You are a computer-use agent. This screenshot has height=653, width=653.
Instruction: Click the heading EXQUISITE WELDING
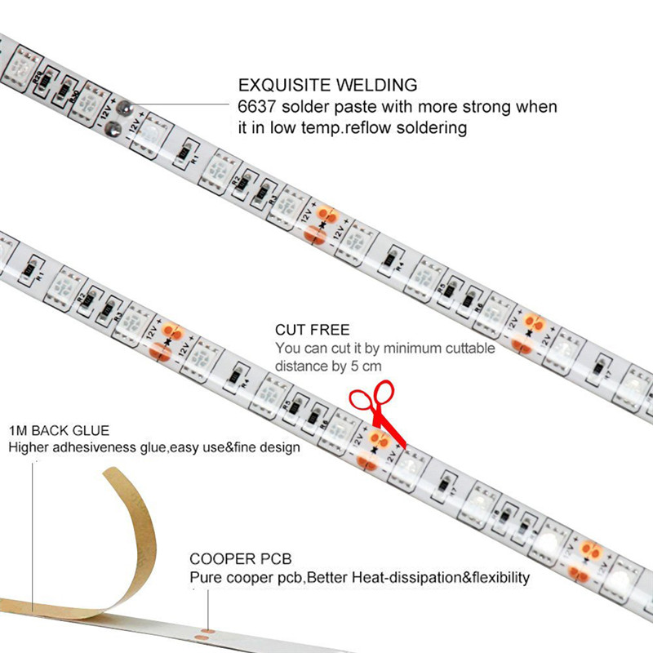tap(327, 85)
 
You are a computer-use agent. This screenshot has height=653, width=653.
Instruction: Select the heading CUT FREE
tap(313, 330)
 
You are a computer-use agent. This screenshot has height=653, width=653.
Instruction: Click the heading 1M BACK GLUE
tap(59, 430)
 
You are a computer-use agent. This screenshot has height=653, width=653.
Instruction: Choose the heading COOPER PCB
tap(241, 559)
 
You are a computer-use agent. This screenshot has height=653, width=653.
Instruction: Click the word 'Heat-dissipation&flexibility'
tap(441, 578)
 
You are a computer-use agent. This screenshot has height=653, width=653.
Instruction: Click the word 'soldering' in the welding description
tap(432, 128)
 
